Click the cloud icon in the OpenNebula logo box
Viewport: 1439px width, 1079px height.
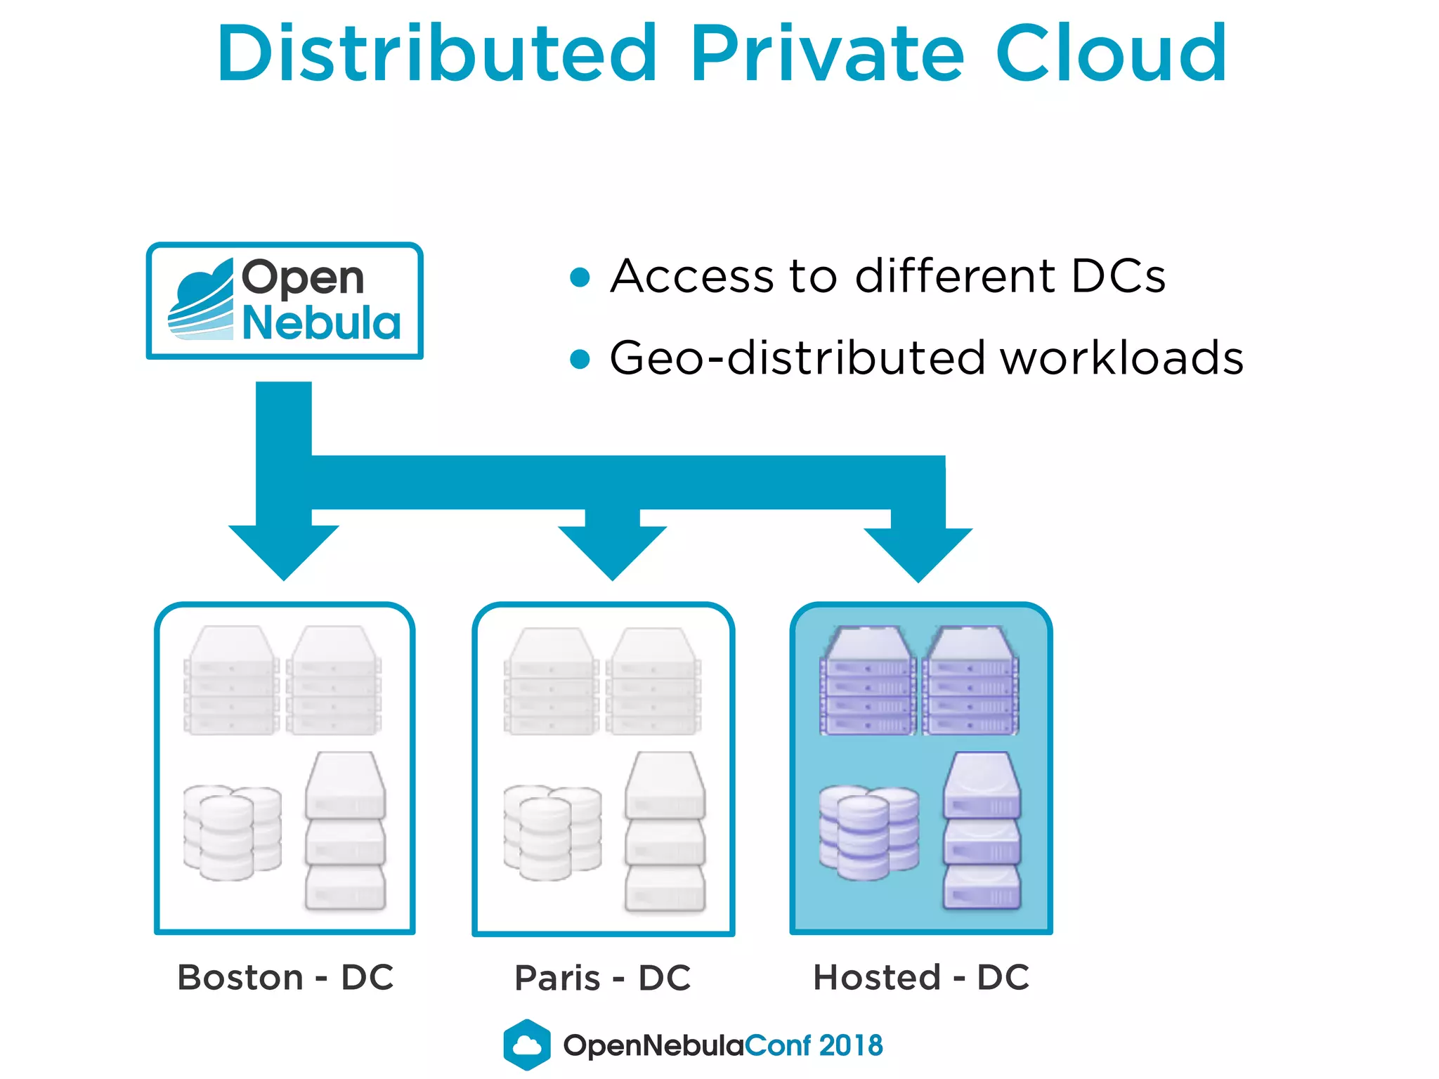click(x=201, y=300)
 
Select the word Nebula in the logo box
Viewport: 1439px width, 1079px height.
click(x=321, y=323)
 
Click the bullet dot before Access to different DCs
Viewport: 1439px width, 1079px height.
click(x=580, y=277)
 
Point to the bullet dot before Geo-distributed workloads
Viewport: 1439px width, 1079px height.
click(x=580, y=359)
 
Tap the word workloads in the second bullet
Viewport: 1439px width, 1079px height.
click(x=1121, y=358)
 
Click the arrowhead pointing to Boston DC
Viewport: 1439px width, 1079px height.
click(x=284, y=551)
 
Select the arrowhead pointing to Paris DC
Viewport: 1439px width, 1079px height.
click(x=612, y=551)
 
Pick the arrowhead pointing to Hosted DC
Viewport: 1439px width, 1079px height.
click(x=918, y=553)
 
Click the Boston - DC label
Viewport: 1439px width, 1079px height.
click(x=285, y=977)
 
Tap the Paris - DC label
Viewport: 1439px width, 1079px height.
click(x=603, y=977)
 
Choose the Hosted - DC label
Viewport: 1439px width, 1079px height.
click(x=921, y=977)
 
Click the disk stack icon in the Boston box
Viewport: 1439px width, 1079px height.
click(x=232, y=832)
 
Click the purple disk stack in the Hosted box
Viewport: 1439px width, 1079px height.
click(x=868, y=832)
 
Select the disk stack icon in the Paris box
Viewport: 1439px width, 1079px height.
click(x=552, y=832)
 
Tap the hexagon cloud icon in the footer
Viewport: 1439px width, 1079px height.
click(x=527, y=1045)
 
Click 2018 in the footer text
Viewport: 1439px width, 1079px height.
click(x=850, y=1045)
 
